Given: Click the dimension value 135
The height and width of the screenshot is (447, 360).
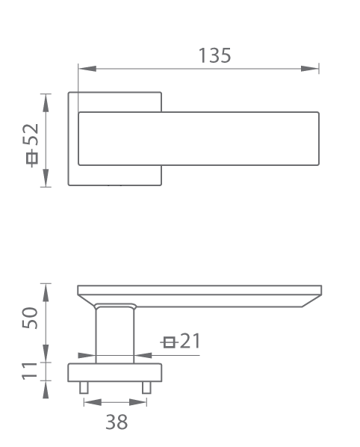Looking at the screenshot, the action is click(214, 55).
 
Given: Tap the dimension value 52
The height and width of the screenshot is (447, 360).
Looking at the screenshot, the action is click(31, 135).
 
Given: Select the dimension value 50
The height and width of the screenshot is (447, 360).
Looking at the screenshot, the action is click(30, 318).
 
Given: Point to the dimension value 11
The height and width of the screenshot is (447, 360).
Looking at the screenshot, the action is click(30, 371).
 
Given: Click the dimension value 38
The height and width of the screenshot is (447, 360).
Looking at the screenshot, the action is click(117, 422).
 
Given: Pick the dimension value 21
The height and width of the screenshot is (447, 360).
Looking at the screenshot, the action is click(190, 340).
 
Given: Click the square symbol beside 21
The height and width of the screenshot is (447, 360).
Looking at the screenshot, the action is click(170, 342).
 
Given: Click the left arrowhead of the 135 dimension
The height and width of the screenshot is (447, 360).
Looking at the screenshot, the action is click(87, 69).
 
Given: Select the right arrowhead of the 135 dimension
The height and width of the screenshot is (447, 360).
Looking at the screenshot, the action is click(310, 69).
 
